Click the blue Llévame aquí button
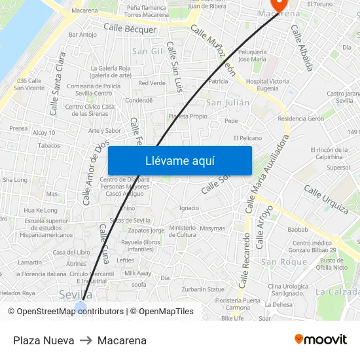pyautogui.click(x=179, y=160)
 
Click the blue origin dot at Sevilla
pyautogui.click(x=81, y=308)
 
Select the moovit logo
pyautogui.click(x=321, y=339)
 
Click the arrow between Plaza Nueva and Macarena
pyautogui.click(x=86, y=340)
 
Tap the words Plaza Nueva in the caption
pyautogui.click(x=43, y=340)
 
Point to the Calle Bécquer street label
pyautogui.click(x=130, y=29)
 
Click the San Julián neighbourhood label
pyautogui.click(x=228, y=103)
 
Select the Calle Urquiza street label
pyautogui.click(x=326, y=199)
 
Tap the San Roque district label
pyautogui.click(x=284, y=262)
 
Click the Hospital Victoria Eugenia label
pyautogui.click(x=267, y=85)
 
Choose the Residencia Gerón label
pyautogui.click(x=300, y=119)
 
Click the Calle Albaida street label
pyautogui.click(x=302, y=48)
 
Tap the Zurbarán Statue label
pyautogui.click(x=203, y=289)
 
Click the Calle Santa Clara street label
pyautogui.click(x=58, y=84)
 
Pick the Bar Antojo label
pyautogui.click(x=82, y=35)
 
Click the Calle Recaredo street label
pyautogui.click(x=245, y=261)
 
